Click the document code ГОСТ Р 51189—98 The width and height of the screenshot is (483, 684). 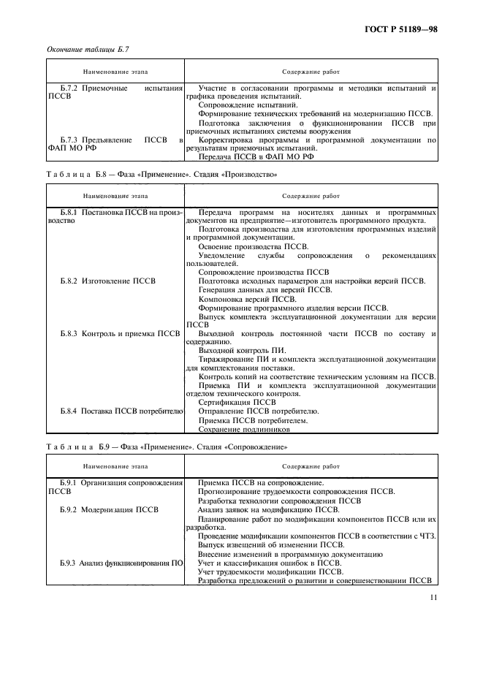coord(404,30)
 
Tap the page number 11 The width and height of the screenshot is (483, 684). coord(434,597)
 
